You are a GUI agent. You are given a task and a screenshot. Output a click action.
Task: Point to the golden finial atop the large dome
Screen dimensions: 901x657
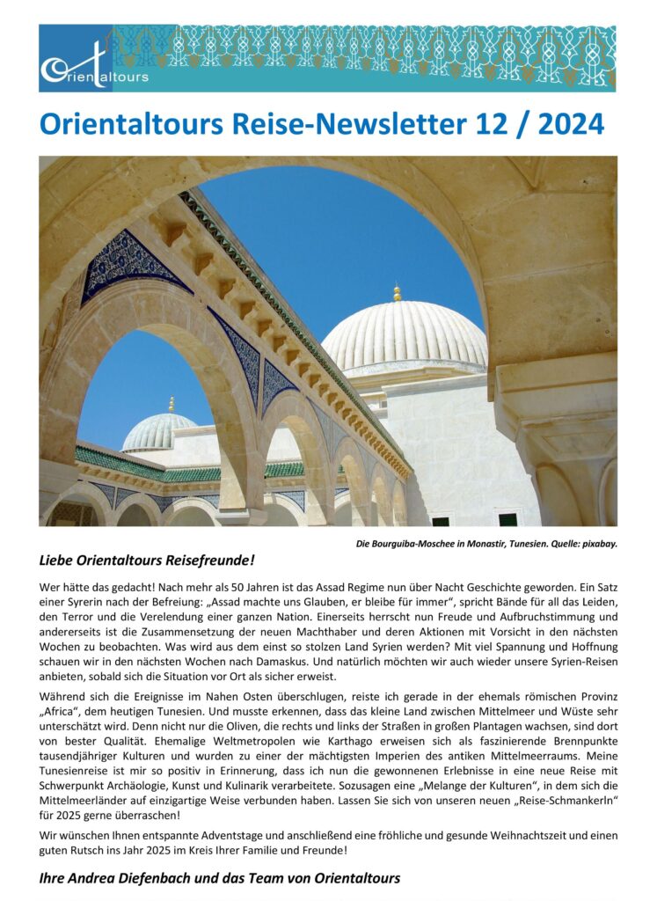pyautogui.click(x=397, y=292)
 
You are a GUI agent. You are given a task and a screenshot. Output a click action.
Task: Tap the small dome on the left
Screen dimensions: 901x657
pyautogui.click(x=158, y=431)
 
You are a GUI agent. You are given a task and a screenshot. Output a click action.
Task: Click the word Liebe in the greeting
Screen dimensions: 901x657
pyautogui.click(x=59, y=560)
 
